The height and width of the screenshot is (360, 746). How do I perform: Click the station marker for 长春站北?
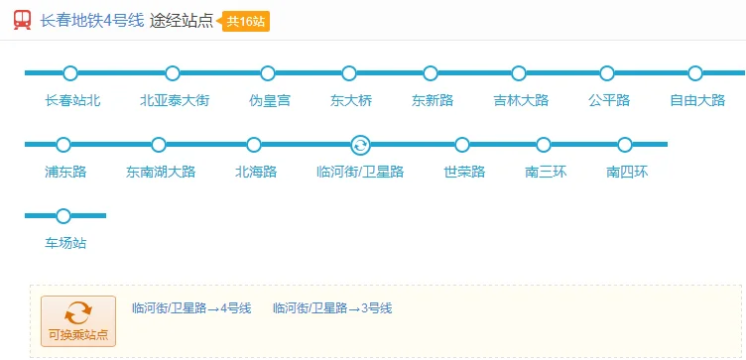tap(69, 72)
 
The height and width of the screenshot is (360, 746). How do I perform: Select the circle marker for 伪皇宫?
tap(268, 72)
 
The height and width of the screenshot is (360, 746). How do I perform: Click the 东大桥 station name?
tap(351, 100)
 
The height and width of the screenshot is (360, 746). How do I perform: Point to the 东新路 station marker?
tap(431, 72)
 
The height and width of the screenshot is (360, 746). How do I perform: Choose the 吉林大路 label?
tap(521, 100)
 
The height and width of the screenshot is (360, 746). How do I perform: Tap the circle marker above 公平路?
tap(607, 72)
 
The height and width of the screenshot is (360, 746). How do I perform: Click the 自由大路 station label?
tap(697, 100)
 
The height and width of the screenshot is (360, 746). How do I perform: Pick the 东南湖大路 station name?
tap(161, 172)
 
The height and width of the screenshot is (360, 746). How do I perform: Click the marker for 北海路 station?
tap(254, 145)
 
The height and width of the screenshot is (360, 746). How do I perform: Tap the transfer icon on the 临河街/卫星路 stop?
tap(360, 145)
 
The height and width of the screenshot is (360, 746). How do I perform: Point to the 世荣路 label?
tap(464, 172)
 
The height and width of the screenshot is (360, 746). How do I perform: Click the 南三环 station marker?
tap(544, 145)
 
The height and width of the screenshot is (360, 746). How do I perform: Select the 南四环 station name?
tap(627, 172)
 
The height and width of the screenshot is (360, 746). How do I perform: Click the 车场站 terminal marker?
tap(63, 215)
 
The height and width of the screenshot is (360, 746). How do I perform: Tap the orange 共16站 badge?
tap(246, 21)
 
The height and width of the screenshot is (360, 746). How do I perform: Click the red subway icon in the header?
tap(22, 20)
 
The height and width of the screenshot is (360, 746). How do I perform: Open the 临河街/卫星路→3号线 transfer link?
tap(332, 307)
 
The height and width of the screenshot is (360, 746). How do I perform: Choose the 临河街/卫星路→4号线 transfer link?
tap(191, 307)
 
